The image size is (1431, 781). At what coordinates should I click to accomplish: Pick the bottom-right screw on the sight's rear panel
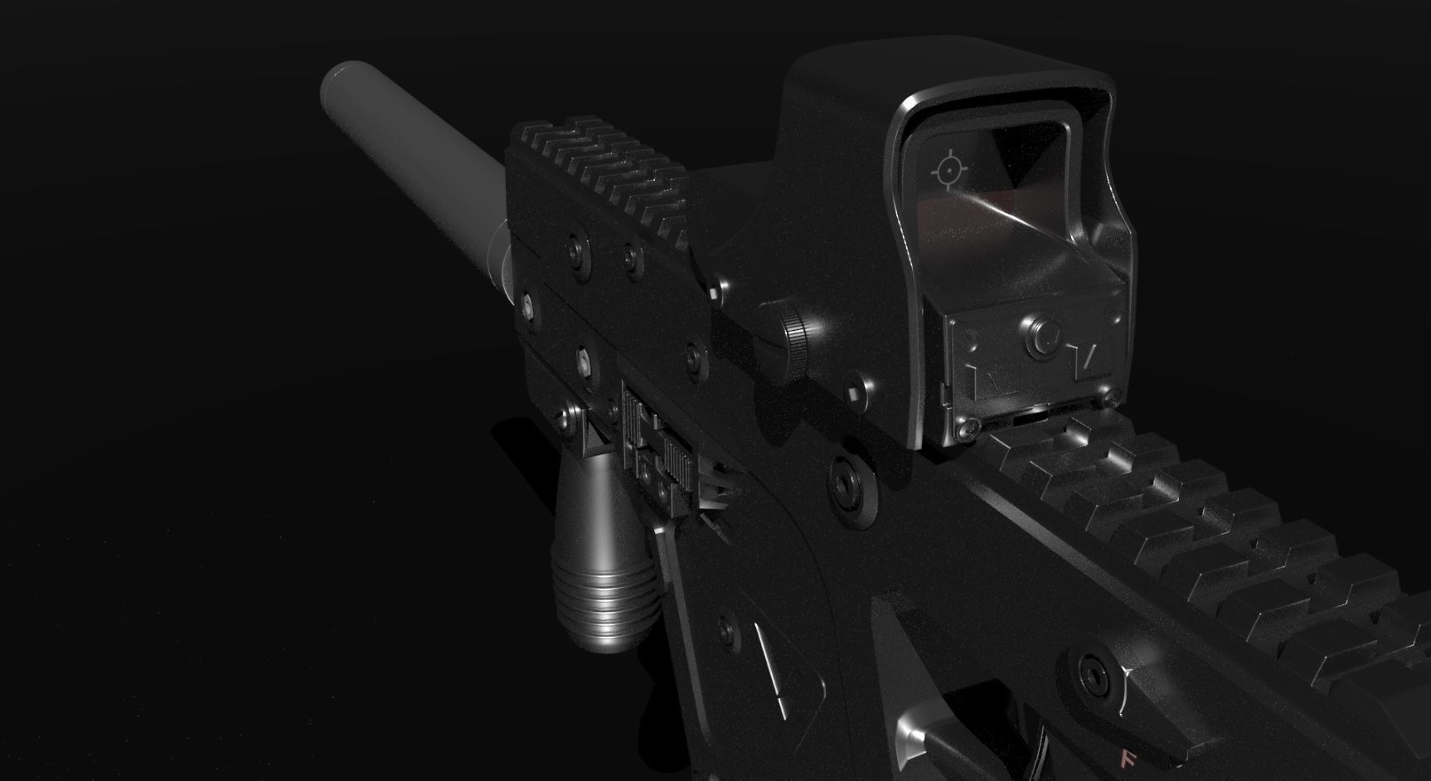(1106, 399)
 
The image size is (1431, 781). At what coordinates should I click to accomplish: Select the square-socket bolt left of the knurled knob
(716, 291)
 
